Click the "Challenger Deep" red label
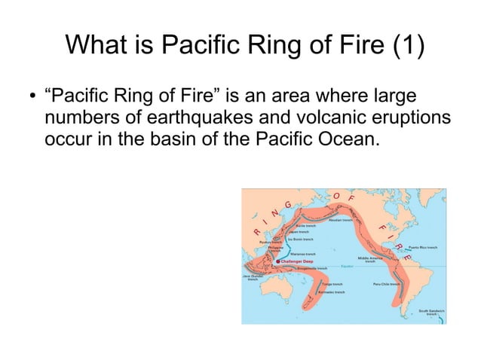pyautogui.click(x=296, y=261)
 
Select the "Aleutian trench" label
pyautogui.click(x=342, y=219)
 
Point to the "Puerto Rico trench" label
pyautogui.click(x=423, y=247)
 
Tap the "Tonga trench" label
pyautogui.click(x=332, y=284)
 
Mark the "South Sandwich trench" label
pyautogui.click(x=432, y=312)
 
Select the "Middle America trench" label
pyautogui.click(x=370, y=259)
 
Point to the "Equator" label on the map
pyautogui.click(x=348, y=266)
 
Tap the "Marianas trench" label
pyautogui.click(x=302, y=254)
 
